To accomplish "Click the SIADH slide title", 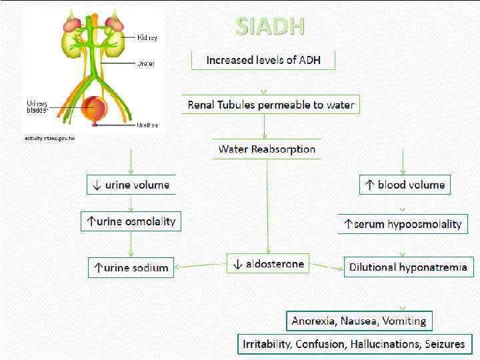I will pyautogui.click(x=270, y=26).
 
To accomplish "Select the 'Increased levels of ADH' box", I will pyautogui.click(x=263, y=60).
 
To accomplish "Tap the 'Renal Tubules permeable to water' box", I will pyautogui.click(x=271, y=105).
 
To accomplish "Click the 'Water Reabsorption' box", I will pyautogui.click(x=267, y=149).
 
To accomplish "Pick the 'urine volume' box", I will pyautogui.click(x=131, y=185).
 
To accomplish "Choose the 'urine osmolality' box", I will pyautogui.click(x=131, y=221).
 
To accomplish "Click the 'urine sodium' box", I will pyautogui.click(x=131, y=268).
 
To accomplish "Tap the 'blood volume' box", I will pyautogui.click(x=405, y=185).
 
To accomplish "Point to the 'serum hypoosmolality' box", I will pyautogui.click(x=403, y=224).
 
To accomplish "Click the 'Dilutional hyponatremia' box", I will pyautogui.click(x=409, y=268).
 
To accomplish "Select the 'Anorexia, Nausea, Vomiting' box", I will pyautogui.click(x=359, y=321).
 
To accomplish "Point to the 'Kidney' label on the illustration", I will pyautogui.click(x=147, y=37).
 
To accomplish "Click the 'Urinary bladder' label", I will pyautogui.click(x=37, y=106).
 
